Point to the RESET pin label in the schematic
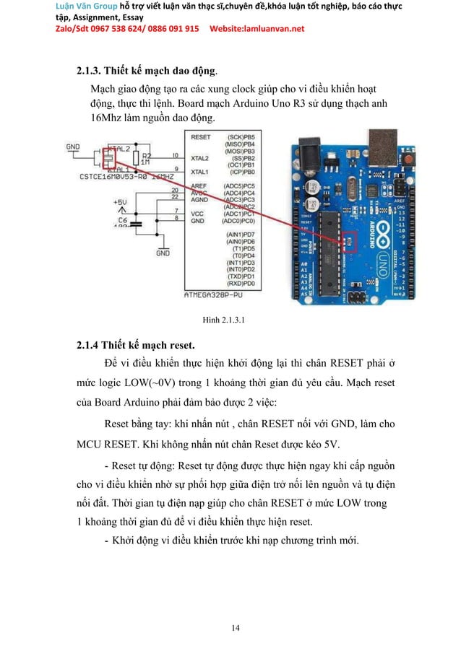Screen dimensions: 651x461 (x=200, y=136)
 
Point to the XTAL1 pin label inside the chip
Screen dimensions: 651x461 (x=199, y=172)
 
